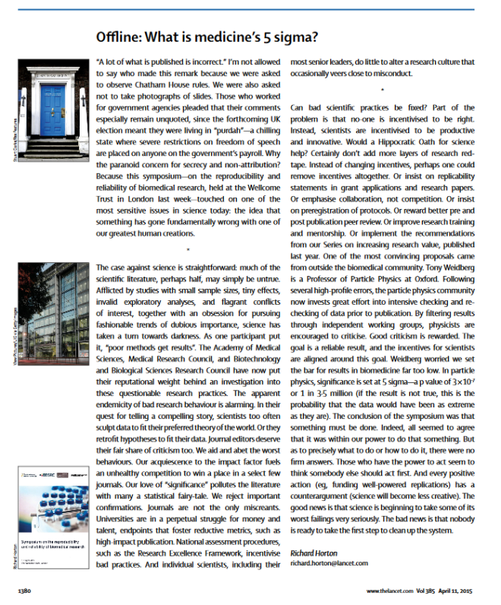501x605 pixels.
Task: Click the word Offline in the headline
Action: coord(124,36)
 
